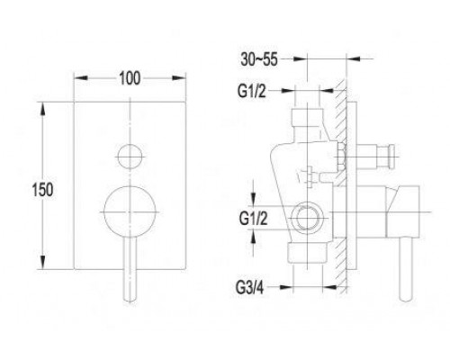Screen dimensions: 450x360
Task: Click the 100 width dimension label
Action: click(x=130, y=78)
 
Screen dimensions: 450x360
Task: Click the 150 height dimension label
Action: click(x=42, y=190)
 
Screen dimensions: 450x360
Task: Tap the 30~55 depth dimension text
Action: click(x=259, y=59)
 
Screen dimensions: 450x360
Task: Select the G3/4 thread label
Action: click(x=249, y=288)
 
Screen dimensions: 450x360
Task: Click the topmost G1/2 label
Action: click(x=252, y=91)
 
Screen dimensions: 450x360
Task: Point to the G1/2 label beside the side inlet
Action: click(x=253, y=219)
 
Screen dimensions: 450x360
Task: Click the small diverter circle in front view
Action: click(x=130, y=157)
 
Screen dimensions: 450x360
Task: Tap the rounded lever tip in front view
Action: click(x=130, y=299)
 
